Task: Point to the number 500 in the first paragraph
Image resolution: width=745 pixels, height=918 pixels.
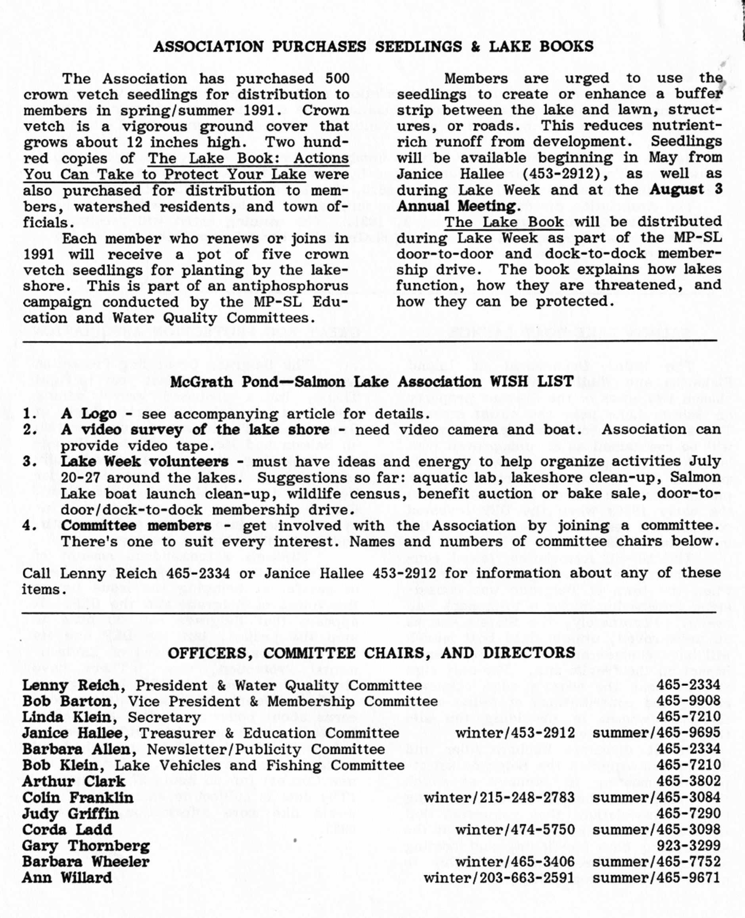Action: (337, 79)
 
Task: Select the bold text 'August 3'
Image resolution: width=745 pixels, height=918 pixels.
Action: (686, 189)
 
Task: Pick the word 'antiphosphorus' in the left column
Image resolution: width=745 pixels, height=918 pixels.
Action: (290, 286)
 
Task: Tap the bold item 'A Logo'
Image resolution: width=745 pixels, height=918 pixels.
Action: (88, 413)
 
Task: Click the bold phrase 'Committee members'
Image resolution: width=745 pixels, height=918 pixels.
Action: (136, 526)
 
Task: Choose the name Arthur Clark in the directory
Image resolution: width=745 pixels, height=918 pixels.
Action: (73, 782)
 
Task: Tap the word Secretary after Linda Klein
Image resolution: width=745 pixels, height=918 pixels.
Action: (165, 717)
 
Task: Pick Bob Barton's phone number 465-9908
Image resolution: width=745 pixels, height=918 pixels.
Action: (688, 701)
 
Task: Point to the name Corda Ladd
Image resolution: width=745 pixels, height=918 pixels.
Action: (67, 830)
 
